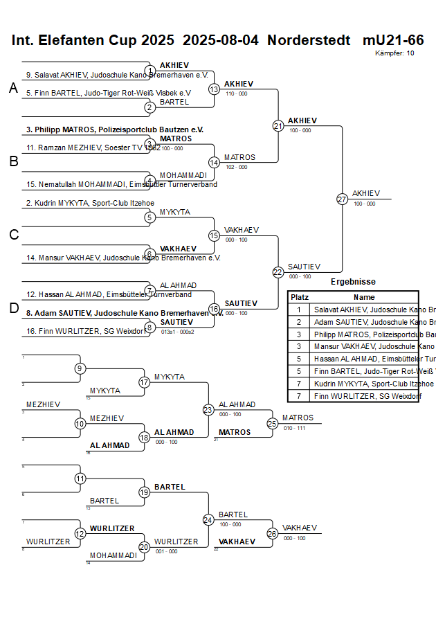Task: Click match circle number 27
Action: click(342, 199)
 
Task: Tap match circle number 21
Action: click(278, 126)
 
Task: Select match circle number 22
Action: click(278, 272)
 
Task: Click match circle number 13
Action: click(215, 89)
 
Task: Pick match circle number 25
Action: click(273, 423)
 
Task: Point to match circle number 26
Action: click(273, 533)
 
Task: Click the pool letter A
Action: click(13, 88)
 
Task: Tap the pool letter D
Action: click(13, 308)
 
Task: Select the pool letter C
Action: click(13, 235)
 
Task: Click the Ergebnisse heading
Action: click(353, 282)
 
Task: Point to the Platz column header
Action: click(299, 297)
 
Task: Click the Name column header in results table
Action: click(364, 297)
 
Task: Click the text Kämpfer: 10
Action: click(394, 53)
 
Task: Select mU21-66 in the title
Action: click(393, 40)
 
